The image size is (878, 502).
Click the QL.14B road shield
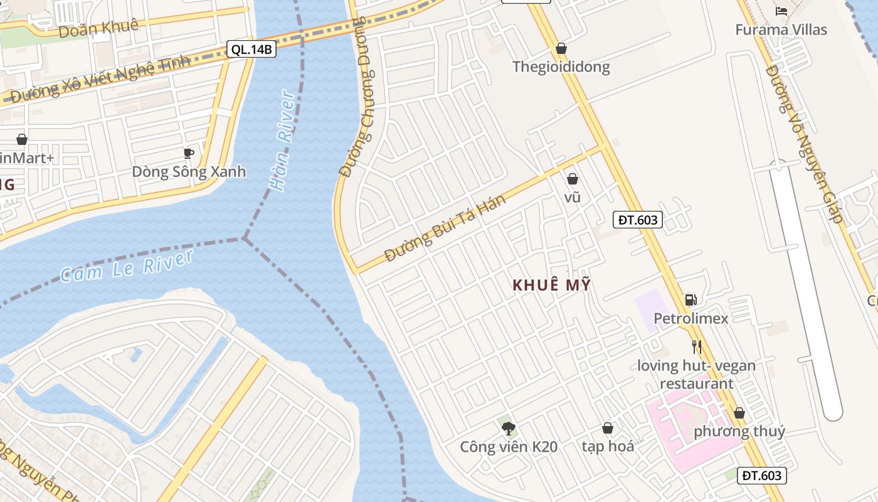coord(251,50)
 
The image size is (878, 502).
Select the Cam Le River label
coord(127,266)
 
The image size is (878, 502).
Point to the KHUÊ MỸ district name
coord(551,285)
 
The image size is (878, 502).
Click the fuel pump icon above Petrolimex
coord(690,300)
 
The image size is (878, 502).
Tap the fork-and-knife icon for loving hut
coord(696,346)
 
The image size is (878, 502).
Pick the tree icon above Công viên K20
coord(509,429)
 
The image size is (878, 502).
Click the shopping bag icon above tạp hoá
coord(607,429)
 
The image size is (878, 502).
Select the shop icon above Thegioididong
coord(561,48)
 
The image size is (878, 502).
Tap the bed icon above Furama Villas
coord(781,11)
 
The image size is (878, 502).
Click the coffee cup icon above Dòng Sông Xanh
coord(188,153)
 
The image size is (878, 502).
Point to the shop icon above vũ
coord(572,179)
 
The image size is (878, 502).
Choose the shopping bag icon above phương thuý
coord(739,413)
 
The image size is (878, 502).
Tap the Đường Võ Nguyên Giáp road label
coord(803,144)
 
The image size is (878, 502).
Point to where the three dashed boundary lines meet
coord(245,238)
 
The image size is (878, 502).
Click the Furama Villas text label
coord(781,29)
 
